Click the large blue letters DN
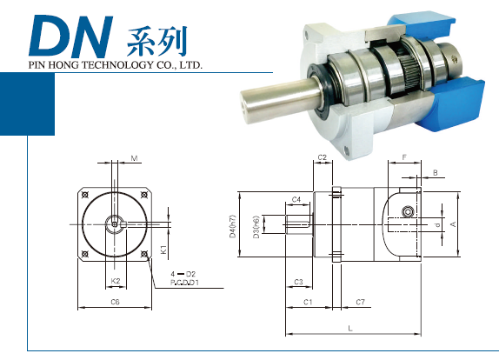click(71, 37)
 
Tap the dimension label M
click(134, 158)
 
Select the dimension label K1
click(163, 250)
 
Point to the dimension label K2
click(116, 281)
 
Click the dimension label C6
click(115, 302)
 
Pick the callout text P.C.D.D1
click(184, 282)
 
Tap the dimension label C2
click(323, 157)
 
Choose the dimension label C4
click(296, 199)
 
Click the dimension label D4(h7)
click(233, 226)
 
